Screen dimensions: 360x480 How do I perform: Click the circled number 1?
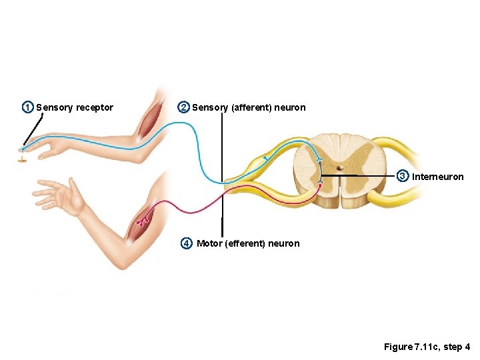pyautogui.click(x=27, y=107)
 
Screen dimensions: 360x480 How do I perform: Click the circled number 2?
pyautogui.click(x=183, y=107)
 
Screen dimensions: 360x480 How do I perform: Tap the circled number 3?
pyautogui.click(x=403, y=176)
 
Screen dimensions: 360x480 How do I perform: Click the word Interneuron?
pyautogui.click(x=438, y=177)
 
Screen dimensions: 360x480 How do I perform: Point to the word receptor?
pyautogui.click(x=95, y=108)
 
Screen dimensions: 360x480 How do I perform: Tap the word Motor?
pyautogui.click(x=210, y=243)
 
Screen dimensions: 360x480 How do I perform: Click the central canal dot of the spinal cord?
pyautogui.click(x=339, y=169)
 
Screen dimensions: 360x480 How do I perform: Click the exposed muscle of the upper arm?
pyautogui.click(x=148, y=120)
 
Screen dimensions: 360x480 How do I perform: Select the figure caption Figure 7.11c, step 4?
pyautogui.click(x=427, y=347)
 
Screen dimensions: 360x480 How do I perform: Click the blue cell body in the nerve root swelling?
pyautogui.click(x=265, y=159)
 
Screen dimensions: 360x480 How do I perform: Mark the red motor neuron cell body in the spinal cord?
pyautogui.click(x=320, y=185)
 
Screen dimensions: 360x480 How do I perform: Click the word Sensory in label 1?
pyautogui.click(x=54, y=108)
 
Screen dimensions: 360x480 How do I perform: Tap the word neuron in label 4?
pyautogui.click(x=285, y=243)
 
